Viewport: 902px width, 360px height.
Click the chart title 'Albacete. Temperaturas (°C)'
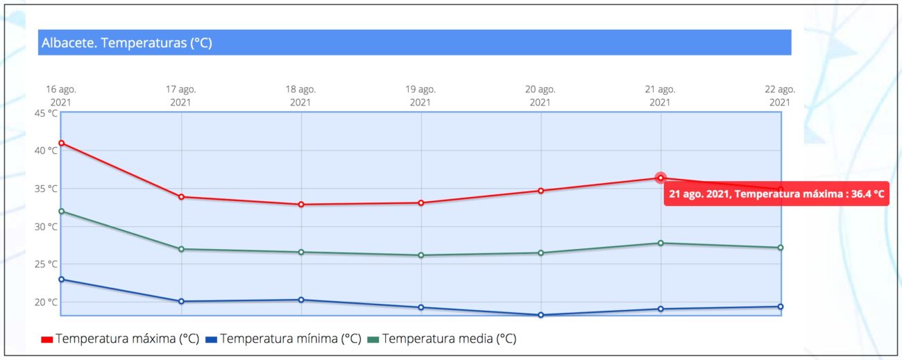126,43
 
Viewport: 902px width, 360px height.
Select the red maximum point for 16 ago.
62,143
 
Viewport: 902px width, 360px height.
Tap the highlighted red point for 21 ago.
661,178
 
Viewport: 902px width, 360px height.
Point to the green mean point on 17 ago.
181,249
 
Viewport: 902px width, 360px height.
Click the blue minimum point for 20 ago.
541,315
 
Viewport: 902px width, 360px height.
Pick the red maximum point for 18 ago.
301,205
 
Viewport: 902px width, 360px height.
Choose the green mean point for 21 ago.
661,243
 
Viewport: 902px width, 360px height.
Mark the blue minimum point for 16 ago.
62,280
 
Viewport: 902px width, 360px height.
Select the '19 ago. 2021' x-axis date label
420,96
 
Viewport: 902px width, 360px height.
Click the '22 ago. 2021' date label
780,96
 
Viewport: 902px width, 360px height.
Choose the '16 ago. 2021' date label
61,96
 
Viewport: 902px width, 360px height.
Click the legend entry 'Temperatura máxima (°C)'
127,339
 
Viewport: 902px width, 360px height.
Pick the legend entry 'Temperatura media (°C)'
449,339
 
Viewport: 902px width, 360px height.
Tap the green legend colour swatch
373,339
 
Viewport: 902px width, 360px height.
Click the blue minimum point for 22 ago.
781,307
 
